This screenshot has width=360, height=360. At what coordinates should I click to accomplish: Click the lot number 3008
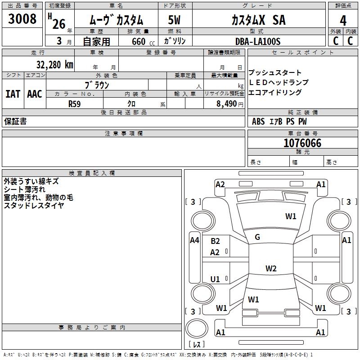[22, 19]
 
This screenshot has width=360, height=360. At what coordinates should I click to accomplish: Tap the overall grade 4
[343, 21]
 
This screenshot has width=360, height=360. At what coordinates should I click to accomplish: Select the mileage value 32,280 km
[55, 65]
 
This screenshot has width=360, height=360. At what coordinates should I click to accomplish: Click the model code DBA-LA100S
[258, 41]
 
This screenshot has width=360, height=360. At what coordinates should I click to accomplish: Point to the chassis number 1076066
[302, 143]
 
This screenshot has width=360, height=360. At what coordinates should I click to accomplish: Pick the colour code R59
[74, 104]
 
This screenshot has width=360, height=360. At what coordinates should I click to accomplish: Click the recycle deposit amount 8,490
[226, 104]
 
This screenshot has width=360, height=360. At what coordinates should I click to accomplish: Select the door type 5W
[174, 20]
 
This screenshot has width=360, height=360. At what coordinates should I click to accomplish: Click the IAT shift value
[13, 94]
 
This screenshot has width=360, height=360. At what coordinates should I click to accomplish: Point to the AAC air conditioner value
[35, 94]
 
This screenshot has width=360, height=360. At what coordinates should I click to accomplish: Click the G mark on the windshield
[257, 237]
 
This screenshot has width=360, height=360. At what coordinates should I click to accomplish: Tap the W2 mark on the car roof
[271, 268]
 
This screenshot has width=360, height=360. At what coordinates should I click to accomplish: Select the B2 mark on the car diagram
[215, 241]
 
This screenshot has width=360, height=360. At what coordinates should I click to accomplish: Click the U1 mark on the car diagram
[215, 279]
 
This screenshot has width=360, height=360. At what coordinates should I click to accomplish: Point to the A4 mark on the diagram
[195, 240]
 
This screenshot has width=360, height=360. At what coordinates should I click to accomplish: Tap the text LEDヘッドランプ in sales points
[279, 82]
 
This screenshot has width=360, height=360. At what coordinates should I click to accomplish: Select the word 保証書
[15, 121]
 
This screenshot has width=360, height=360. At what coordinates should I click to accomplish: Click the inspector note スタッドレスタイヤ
[34, 205]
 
